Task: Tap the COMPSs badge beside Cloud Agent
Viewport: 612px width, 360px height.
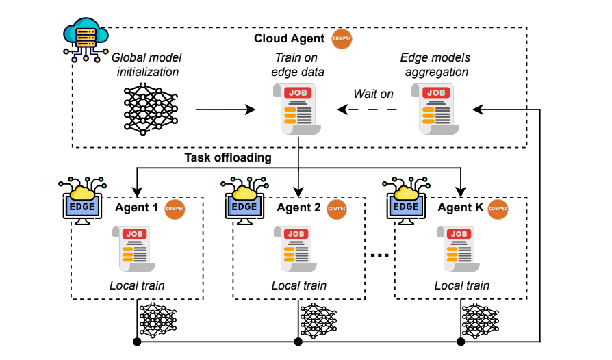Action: (342, 38)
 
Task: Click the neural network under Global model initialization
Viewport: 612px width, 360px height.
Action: (150, 109)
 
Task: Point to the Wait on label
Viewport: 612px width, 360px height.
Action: (373, 94)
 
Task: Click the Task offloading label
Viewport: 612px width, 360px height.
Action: (227, 158)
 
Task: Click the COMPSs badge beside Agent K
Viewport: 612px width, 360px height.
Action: (498, 207)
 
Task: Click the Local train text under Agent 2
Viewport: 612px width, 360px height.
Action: (298, 285)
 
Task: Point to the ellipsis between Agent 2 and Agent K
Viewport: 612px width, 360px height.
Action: (379, 255)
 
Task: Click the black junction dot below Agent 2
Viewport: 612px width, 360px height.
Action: (298, 341)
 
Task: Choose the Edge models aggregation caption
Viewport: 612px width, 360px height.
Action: (435, 66)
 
